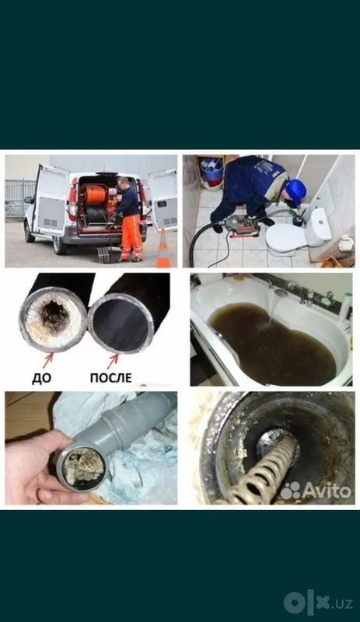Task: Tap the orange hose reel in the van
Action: point(95,195)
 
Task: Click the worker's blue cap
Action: point(296,191)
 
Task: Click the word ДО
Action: point(42,378)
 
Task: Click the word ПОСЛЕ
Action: point(110,377)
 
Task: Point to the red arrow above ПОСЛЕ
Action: point(113,361)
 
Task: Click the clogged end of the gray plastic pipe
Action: point(82,468)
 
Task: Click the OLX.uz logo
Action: point(318,603)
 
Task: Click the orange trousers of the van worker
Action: point(131,237)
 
